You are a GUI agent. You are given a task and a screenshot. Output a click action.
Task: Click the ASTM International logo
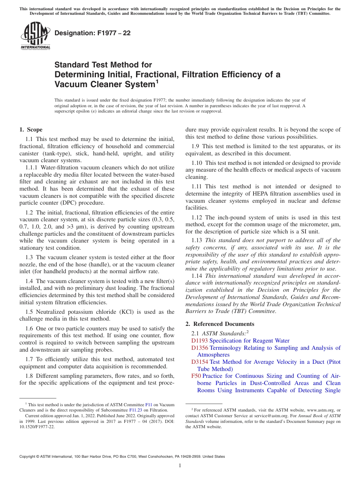pyautogui.click(x=35, y=36)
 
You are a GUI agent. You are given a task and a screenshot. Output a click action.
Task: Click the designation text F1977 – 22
pyautogui.click(x=92, y=33)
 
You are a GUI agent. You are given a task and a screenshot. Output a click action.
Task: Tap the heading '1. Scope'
pyautogui.click(x=31, y=130)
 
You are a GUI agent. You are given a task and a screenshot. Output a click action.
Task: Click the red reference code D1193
pyautogui.click(x=200, y=341)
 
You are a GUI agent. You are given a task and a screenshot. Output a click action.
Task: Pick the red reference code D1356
pyautogui.click(x=200, y=348)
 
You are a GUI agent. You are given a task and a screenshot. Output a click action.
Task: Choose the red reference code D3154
pyautogui.click(x=200, y=362)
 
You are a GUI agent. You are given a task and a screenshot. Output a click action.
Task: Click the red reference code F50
pyautogui.click(x=196, y=376)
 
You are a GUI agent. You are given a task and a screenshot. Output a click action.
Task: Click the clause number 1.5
pyautogui.click(x=29, y=312)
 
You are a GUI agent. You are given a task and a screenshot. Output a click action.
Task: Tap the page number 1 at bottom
pyautogui.click(x=180, y=466)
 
